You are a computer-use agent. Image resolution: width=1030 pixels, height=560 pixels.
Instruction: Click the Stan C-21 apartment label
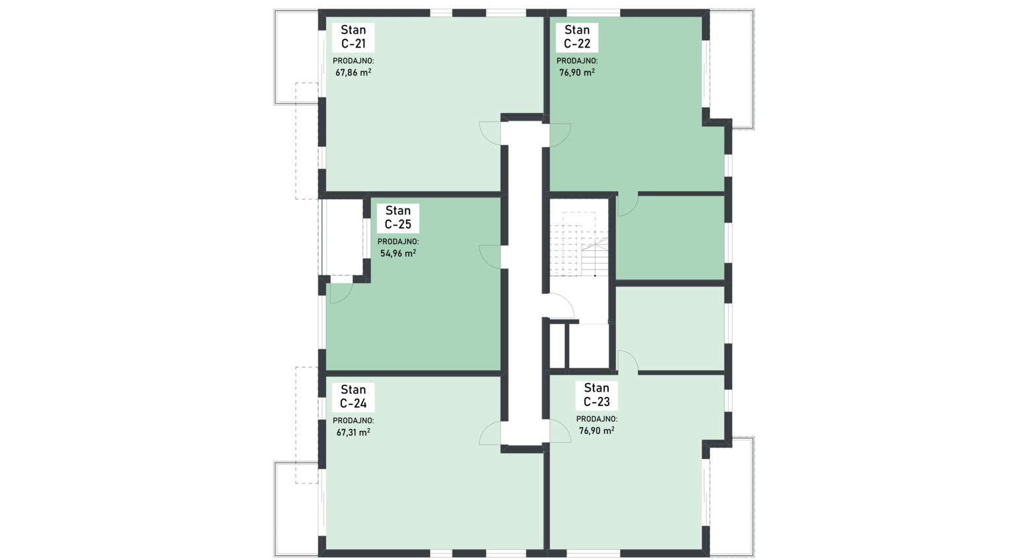[353, 37]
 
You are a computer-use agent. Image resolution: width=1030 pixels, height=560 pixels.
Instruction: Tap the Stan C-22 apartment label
[576, 37]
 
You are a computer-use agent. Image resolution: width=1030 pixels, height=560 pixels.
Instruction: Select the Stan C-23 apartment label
[596, 395]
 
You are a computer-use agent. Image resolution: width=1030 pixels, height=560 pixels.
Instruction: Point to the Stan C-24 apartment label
[353, 397]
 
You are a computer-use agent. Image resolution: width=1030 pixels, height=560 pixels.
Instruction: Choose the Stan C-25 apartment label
[397, 217]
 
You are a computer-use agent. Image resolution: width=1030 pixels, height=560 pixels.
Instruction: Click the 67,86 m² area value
[353, 72]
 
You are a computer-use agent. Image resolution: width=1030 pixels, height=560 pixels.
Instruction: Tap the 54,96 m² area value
[397, 253]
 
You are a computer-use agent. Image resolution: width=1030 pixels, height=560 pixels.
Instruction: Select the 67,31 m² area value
[353, 432]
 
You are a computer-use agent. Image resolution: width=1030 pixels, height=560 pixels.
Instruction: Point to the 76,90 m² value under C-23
[596, 431]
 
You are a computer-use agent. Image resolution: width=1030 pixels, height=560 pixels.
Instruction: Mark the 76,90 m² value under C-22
[576, 72]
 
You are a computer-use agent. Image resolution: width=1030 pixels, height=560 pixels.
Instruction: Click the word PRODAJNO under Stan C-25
[397, 242]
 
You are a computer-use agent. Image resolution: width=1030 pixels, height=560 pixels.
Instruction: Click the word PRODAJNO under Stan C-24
[353, 421]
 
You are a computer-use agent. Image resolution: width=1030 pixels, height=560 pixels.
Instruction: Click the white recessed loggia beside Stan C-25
[342, 237]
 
